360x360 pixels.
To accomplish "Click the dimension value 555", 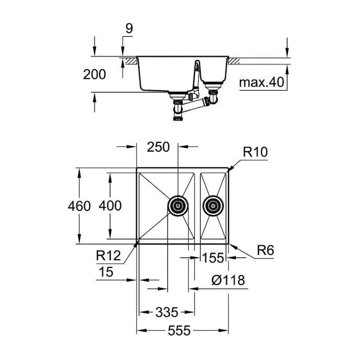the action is tap(179, 331).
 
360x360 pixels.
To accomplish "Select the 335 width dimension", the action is tap(167, 312).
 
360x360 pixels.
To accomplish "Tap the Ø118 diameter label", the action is tap(228, 280).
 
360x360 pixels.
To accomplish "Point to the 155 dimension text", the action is tap(213, 257).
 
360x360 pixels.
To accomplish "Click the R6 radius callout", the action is tap(265, 250).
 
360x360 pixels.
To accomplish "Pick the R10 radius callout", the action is tap(255, 152).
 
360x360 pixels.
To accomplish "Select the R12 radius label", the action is tap(108, 256).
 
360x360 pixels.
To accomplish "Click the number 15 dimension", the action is tap(106, 272).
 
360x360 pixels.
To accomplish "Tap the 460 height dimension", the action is tap(79, 206).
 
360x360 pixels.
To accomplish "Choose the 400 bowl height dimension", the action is tap(110, 206).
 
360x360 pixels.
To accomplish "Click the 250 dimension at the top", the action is tap(158, 147).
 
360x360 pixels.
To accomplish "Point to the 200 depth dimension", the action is tap(94, 74).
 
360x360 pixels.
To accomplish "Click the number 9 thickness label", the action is tap(129, 29).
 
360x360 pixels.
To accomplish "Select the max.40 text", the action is tap(261, 82).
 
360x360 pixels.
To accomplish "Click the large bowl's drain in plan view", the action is tap(178, 206).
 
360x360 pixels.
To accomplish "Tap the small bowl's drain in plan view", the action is tap(213, 206).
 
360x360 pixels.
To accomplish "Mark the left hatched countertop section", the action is tap(130, 61).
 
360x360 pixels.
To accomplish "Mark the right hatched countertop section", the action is tap(234, 61).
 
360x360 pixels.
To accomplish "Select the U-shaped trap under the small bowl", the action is tap(213, 98).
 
